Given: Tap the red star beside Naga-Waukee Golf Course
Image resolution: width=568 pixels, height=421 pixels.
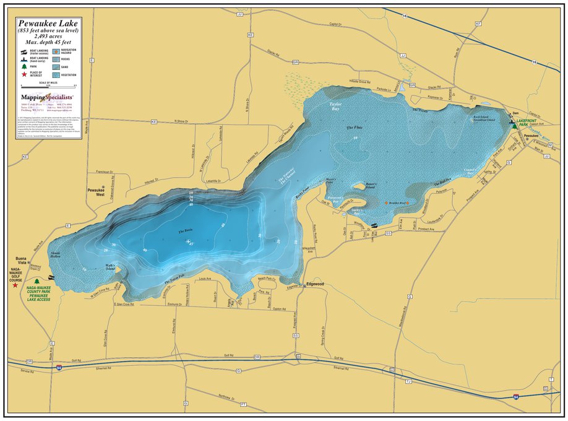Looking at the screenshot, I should pos(15,285).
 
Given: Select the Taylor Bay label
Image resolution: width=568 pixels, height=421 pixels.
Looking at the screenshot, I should pos(336,106).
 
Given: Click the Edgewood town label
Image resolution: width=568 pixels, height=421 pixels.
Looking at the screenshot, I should pos(315,284).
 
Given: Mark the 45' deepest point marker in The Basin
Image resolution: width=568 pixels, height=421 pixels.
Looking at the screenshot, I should pos(189,242).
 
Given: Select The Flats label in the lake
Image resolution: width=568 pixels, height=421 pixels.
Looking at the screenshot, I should pos(354,128).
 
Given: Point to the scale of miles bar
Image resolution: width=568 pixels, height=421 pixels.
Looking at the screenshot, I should pos(48,85).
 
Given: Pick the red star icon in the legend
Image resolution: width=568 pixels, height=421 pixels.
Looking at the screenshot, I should pos(24,73).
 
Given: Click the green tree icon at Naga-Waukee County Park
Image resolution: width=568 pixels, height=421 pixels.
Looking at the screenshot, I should pos(37,281).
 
